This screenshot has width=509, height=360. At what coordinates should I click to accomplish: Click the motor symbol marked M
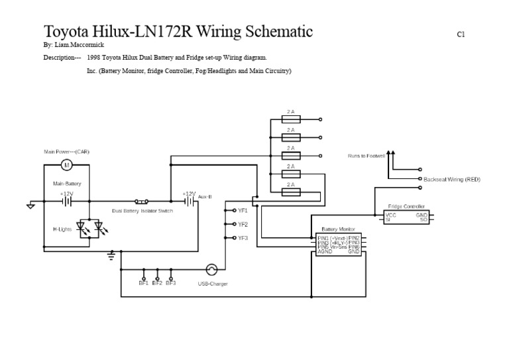click(x=66, y=164)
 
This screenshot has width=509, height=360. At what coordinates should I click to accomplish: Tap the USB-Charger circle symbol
click(x=212, y=269)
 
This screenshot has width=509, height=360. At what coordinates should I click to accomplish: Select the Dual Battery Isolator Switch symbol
click(x=141, y=201)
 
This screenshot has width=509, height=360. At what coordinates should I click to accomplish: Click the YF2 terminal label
click(x=243, y=224)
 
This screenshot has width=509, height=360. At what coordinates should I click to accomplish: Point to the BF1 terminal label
click(x=143, y=283)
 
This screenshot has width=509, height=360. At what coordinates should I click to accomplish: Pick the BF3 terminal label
click(x=171, y=283)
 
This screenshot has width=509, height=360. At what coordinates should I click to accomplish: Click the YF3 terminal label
click(x=243, y=238)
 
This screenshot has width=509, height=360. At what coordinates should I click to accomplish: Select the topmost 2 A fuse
click(x=291, y=119)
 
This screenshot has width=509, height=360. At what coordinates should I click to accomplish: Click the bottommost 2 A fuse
click(x=291, y=192)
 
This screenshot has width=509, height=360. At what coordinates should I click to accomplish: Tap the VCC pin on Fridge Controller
click(x=391, y=215)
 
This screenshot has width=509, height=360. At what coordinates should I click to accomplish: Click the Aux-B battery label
click(x=205, y=197)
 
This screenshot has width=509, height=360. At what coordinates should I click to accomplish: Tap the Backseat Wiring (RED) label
click(x=452, y=179)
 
